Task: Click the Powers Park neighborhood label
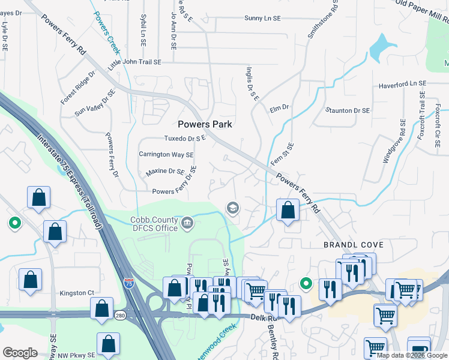tap(205, 124)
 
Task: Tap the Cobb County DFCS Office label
tap(155, 224)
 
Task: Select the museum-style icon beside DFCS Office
tap(188, 224)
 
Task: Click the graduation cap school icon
tap(232, 208)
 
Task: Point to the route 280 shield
tap(121, 316)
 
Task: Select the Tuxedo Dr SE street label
tap(185, 138)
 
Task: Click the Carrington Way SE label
tap(166, 154)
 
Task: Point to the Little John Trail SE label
tap(134, 62)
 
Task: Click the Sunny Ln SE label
tap(262, 19)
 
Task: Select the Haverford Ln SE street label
tap(402, 85)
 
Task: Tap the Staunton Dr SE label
tap(348, 111)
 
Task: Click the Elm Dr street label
tap(279, 108)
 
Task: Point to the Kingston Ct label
tap(77, 293)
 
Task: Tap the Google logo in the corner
tap(20, 353)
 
